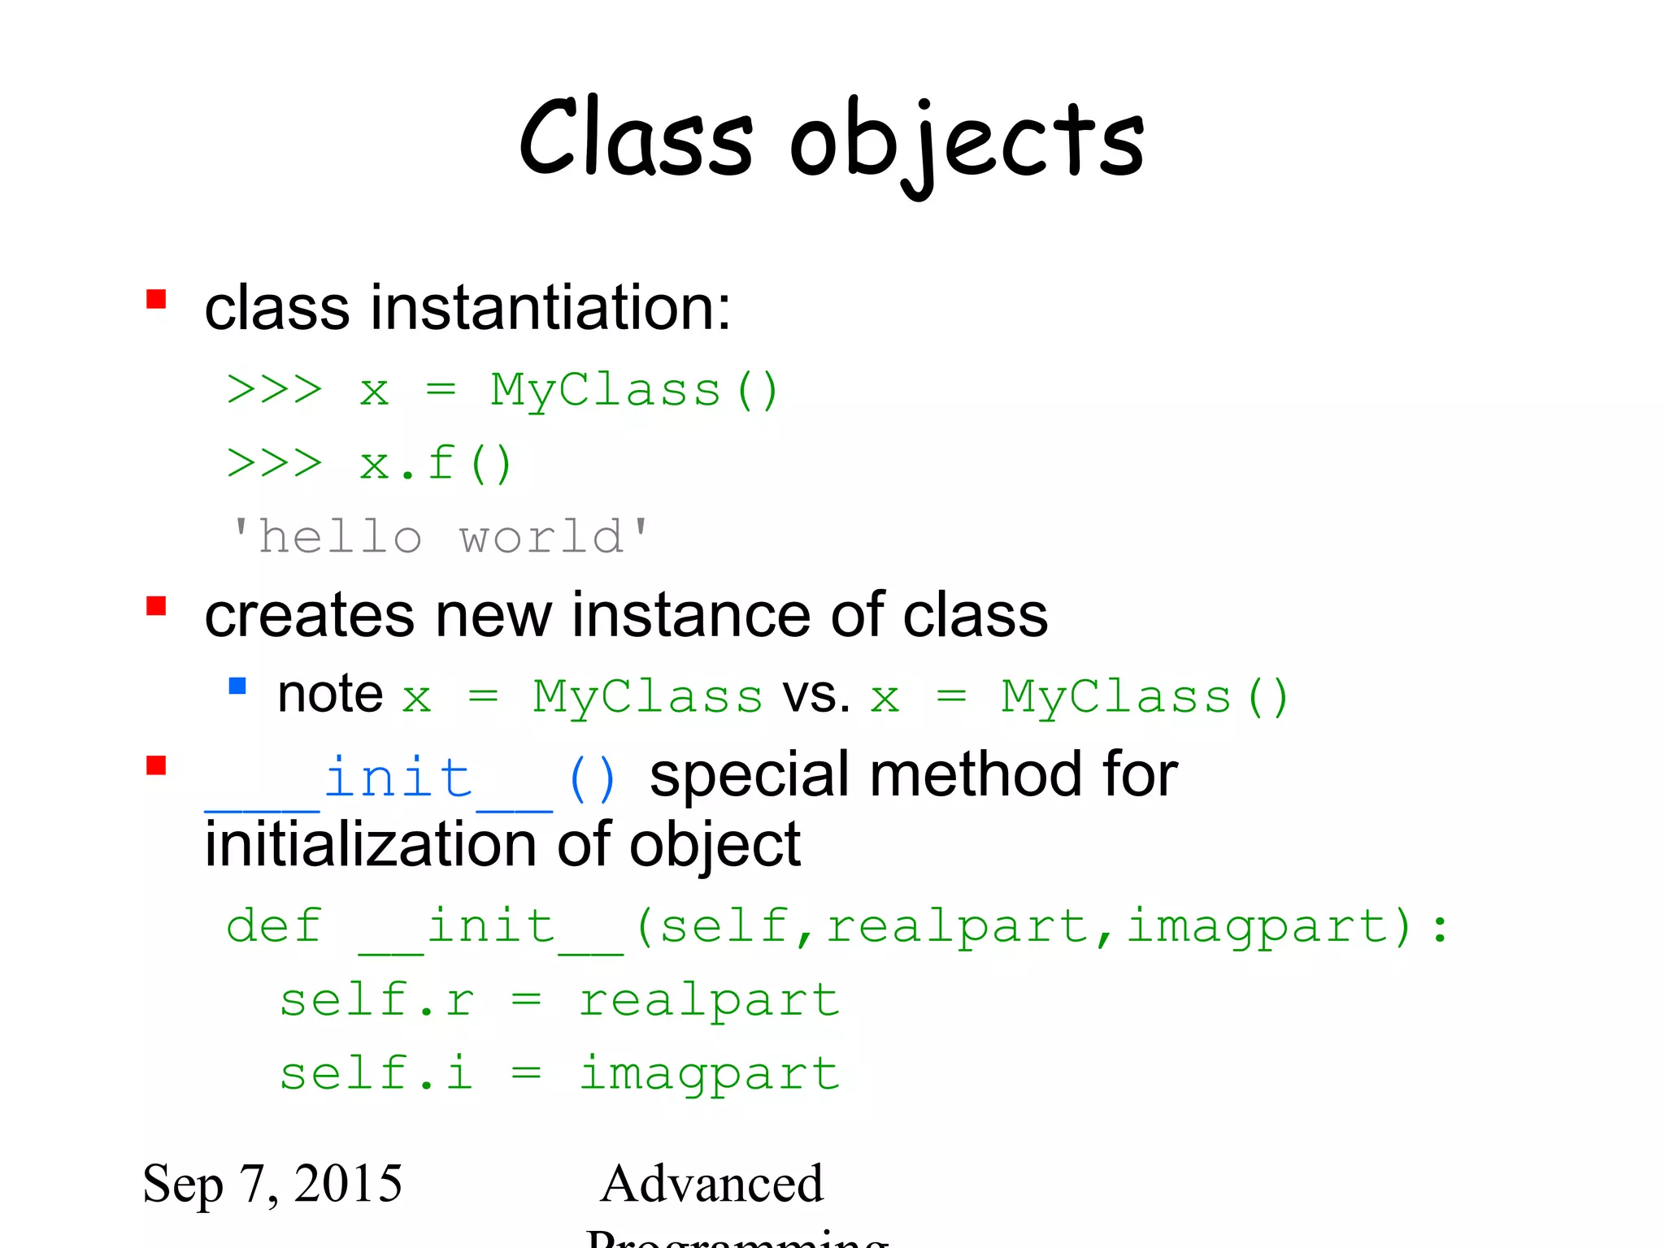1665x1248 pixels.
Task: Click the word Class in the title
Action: tap(636, 138)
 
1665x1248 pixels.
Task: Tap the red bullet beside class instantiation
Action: tap(156, 300)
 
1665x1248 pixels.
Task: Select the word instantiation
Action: tap(550, 309)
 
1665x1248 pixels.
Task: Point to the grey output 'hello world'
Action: tap(440, 537)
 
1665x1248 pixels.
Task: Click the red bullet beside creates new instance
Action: tap(156, 606)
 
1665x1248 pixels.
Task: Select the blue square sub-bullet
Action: tap(237, 686)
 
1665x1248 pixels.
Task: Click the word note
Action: tap(330, 695)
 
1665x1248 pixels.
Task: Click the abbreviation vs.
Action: tap(816, 695)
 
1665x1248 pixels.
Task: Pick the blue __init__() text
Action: tap(411, 778)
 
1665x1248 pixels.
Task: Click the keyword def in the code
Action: tap(274, 926)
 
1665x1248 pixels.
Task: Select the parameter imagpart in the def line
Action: tap(1258, 927)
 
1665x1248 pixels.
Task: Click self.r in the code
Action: tap(376, 999)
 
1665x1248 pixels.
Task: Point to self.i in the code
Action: tap(376, 1072)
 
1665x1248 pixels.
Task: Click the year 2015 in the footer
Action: tap(348, 1183)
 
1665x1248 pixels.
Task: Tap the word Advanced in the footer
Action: tap(712, 1183)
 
